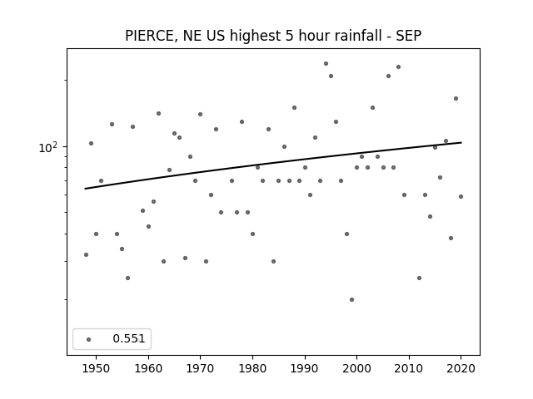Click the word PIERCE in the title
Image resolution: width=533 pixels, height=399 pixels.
150,36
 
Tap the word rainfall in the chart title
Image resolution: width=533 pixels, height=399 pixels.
358,35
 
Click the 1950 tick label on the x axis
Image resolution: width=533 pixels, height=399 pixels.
97,368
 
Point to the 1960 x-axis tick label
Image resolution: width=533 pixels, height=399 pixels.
148,368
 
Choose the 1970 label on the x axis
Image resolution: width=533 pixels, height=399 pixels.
200,368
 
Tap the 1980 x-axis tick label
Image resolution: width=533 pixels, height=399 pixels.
252,368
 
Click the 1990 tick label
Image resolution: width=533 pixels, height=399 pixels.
305,368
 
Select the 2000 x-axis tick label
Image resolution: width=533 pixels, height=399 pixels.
356,368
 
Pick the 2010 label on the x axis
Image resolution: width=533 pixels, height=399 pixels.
409,368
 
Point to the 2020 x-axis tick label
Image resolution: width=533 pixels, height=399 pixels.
461,368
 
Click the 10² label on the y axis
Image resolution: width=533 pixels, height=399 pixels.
48,147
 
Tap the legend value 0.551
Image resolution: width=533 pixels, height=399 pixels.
129,338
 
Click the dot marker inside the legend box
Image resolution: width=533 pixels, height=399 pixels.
89,339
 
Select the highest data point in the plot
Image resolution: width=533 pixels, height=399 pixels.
326,63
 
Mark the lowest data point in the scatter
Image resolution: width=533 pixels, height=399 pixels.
351,299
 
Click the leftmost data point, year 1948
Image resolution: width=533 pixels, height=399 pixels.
86,255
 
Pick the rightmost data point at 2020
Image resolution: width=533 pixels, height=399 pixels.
461,196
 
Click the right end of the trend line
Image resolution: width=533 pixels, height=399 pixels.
461,142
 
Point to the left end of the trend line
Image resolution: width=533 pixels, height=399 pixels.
85,189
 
